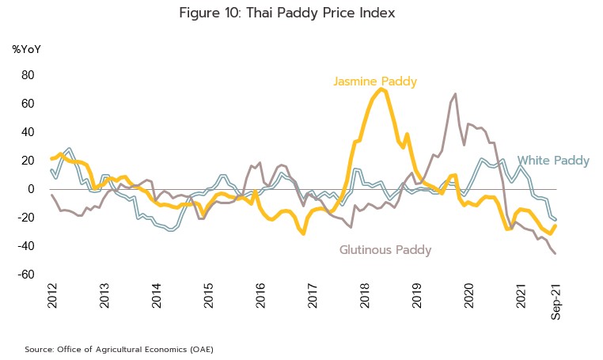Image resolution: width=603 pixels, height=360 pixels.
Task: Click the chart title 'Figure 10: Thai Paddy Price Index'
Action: click(286, 13)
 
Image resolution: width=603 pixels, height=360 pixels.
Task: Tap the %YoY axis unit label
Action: click(26, 49)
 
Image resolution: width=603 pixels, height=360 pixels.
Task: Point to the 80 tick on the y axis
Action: click(27, 75)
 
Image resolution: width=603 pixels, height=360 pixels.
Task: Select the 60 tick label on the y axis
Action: click(27, 104)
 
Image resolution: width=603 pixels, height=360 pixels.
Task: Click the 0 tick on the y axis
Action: click(31, 189)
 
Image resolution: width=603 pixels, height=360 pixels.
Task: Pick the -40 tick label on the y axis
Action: click(25, 246)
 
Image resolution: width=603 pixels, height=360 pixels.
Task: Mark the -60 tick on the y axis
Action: click(25, 275)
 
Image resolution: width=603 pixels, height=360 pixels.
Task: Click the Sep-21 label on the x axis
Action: click(556, 301)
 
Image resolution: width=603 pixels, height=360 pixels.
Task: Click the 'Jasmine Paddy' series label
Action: click(375, 81)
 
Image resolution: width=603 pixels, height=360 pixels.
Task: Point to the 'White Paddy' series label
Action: click(553, 161)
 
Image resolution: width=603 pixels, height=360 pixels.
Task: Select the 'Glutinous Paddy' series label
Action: click(385, 250)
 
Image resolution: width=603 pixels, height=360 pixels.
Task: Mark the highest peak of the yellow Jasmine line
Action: click(382, 89)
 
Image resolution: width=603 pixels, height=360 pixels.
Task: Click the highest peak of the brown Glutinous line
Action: click(455, 94)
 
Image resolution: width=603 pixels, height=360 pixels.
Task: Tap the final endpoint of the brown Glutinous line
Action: click(555, 253)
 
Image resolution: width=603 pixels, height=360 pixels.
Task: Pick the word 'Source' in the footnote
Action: click(40, 348)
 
